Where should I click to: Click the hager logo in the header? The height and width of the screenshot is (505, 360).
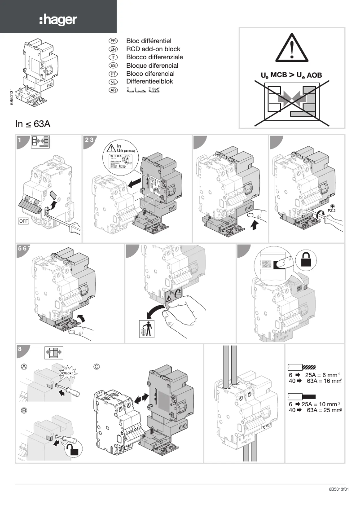pyautogui.click(x=58, y=20)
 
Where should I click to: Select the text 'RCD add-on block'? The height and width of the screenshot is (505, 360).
pyautogui.click(x=153, y=49)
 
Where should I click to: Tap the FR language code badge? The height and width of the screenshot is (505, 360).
pyautogui.click(x=113, y=41)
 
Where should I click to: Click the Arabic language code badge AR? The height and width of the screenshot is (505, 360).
pyautogui.click(x=113, y=90)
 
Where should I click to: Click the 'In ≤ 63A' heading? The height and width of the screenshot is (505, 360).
pyautogui.click(x=33, y=124)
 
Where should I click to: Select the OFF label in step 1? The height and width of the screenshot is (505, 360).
pyautogui.click(x=24, y=220)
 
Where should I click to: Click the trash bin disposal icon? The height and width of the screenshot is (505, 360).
pyautogui.click(x=146, y=329)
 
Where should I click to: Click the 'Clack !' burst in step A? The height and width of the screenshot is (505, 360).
pyautogui.click(x=67, y=373)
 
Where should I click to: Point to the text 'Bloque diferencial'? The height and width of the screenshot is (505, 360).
pyautogui.click(x=152, y=65)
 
